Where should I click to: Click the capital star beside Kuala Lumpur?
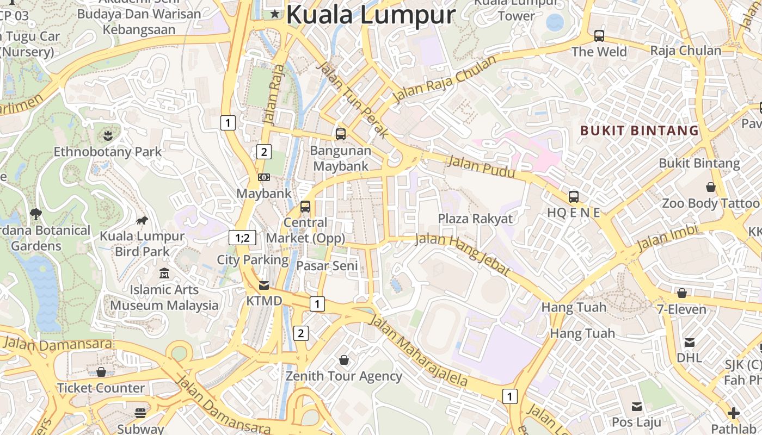(x=275, y=14)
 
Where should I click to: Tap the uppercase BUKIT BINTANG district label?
(x=640, y=130)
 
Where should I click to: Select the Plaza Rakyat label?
(x=476, y=219)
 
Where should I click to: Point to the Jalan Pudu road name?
(x=481, y=166)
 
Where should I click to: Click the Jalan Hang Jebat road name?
(x=463, y=254)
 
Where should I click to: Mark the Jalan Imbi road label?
(x=667, y=239)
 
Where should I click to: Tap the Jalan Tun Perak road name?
(x=353, y=99)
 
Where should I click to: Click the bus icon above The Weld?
(x=599, y=36)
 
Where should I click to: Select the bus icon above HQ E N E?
(x=573, y=196)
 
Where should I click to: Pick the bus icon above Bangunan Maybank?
(x=341, y=134)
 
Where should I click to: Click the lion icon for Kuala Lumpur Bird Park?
(x=142, y=220)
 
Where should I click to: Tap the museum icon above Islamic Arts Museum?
(x=164, y=274)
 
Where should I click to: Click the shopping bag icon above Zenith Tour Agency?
(x=344, y=359)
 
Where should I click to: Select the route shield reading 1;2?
(x=242, y=238)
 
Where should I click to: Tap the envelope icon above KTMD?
(x=264, y=285)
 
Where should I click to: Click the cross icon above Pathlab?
(x=734, y=413)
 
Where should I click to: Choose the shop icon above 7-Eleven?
(x=682, y=293)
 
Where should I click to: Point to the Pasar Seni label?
(x=328, y=265)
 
